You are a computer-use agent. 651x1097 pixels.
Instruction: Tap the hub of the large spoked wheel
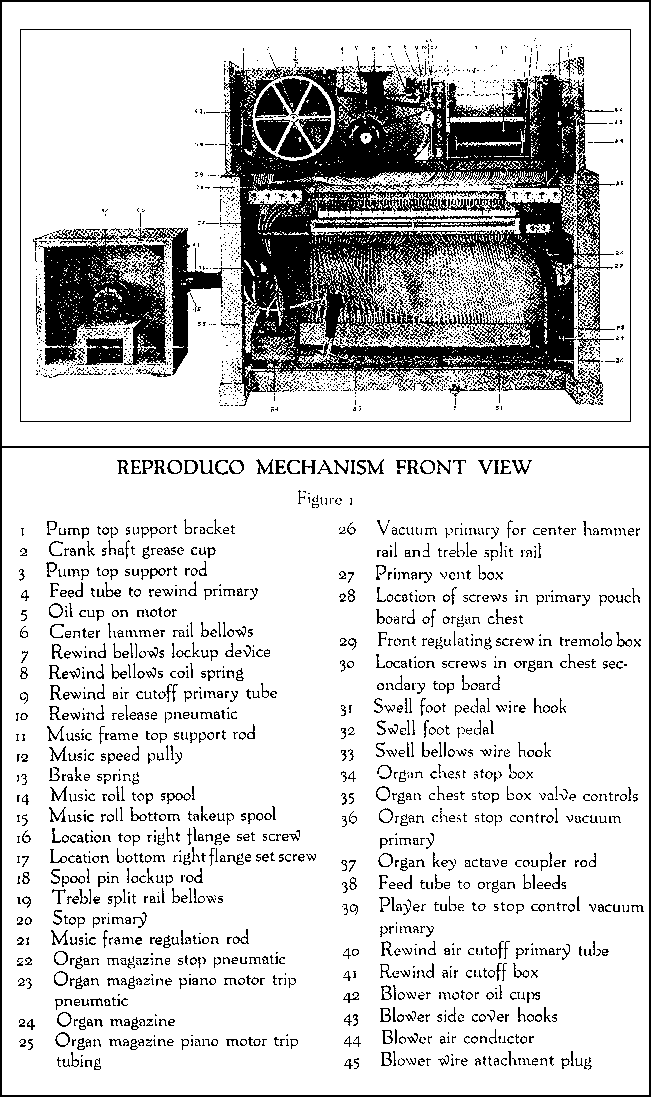tap(293, 118)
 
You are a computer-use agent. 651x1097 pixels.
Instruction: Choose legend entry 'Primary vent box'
tap(439, 574)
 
